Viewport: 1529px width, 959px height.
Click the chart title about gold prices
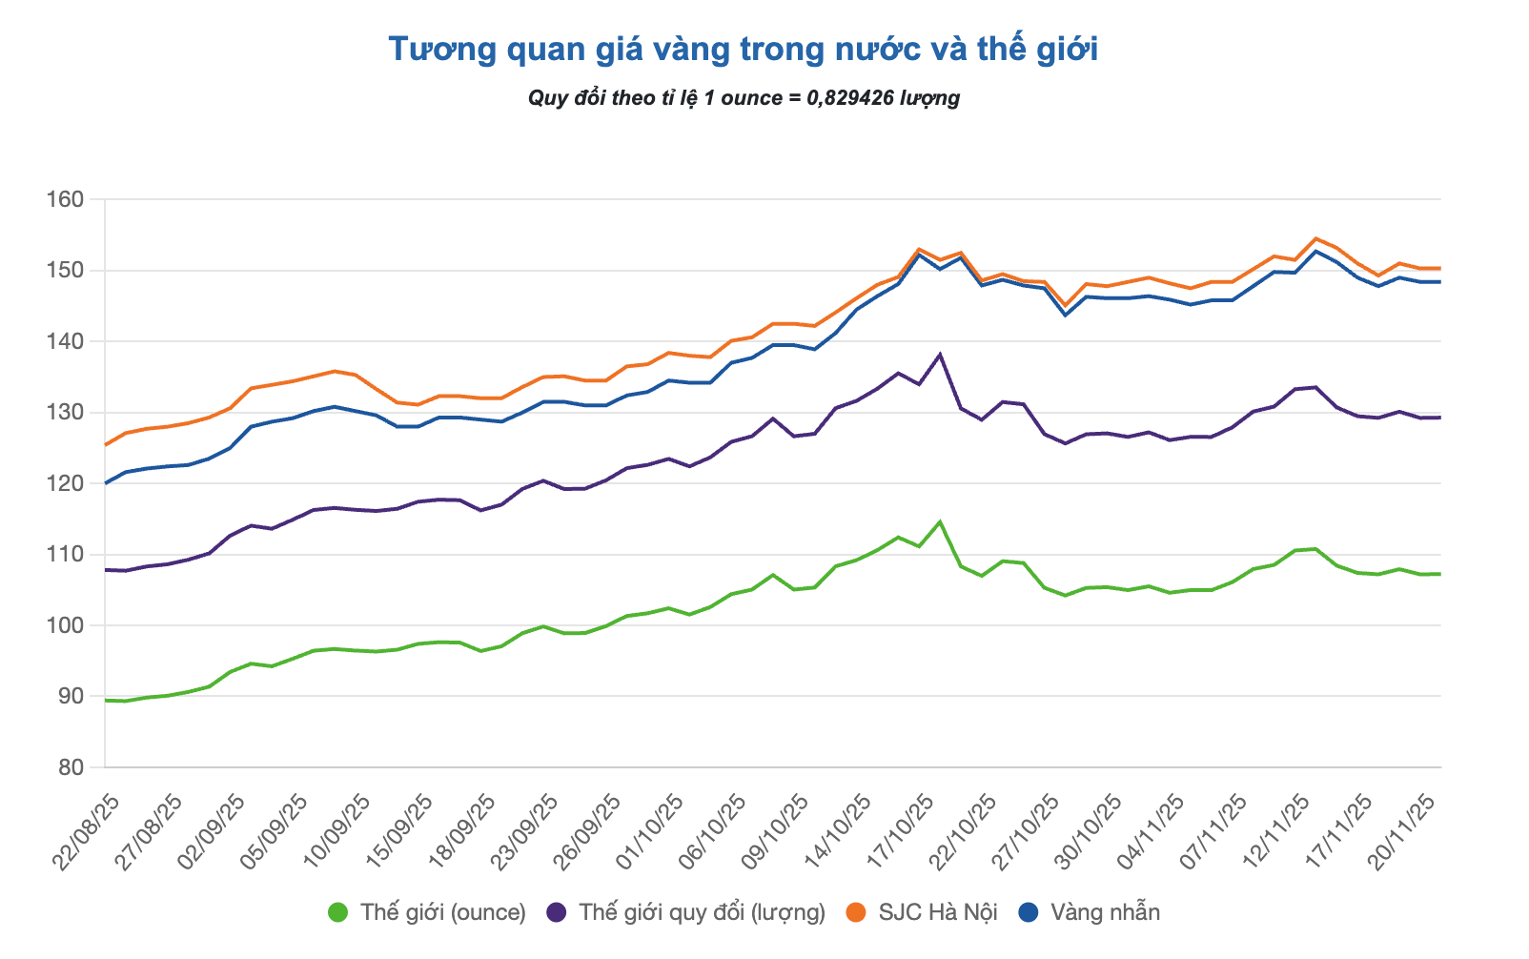point(744,50)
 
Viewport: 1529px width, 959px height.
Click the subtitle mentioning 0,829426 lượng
point(744,98)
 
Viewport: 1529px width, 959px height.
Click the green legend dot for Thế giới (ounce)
point(337,912)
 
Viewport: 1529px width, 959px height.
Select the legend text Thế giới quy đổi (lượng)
point(702,912)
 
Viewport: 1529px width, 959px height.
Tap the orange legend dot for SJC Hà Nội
point(856,912)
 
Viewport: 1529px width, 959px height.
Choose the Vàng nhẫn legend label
point(1105,912)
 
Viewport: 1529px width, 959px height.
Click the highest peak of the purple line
point(940,355)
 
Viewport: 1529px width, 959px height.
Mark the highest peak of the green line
point(940,521)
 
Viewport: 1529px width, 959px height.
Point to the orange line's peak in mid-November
point(1315,238)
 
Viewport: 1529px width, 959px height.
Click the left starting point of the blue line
point(105,483)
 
